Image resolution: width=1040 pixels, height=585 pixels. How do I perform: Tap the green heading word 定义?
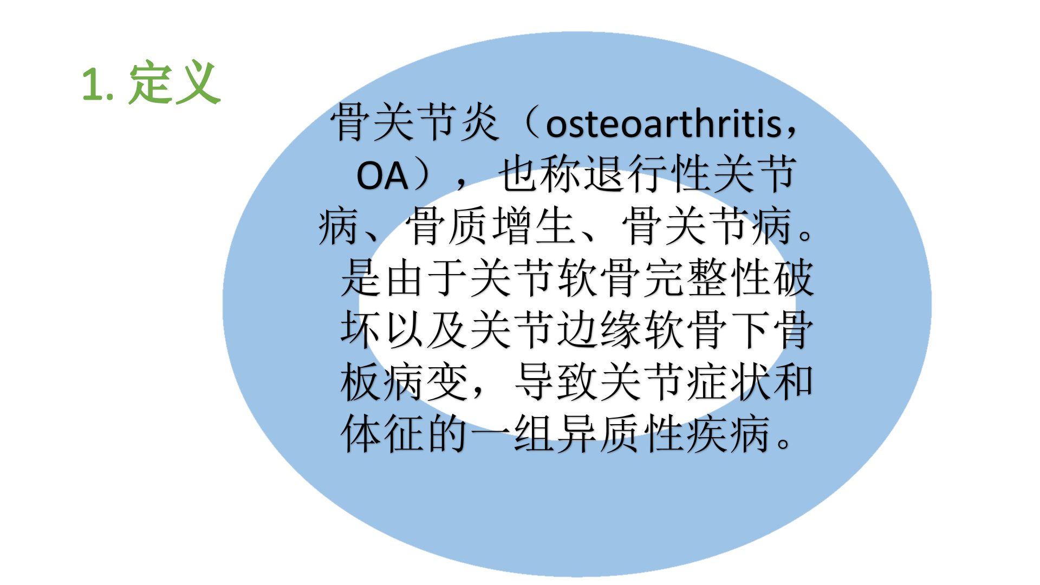[174, 83]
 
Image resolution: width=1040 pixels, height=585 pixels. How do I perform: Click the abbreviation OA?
[382, 175]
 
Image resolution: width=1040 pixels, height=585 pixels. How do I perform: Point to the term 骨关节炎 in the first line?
[416, 122]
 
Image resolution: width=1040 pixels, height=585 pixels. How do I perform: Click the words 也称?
[541, 174]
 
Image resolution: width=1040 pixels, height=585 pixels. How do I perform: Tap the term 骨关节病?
[708, 226]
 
